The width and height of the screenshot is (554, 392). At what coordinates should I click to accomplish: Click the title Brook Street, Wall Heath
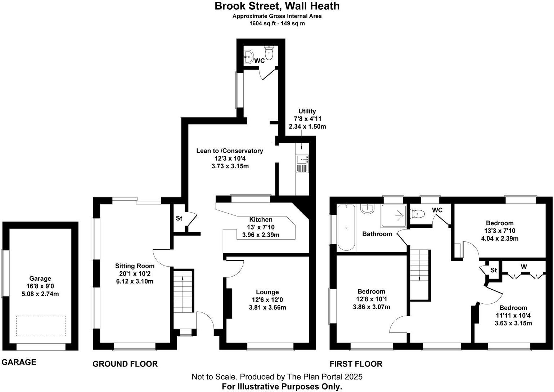coord(277,6)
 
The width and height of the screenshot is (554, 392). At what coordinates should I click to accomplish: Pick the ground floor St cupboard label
coord(179,218)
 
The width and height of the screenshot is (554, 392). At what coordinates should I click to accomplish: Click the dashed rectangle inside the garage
coord(41,326)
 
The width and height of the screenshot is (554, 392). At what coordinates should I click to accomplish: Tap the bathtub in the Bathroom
coord(346,228)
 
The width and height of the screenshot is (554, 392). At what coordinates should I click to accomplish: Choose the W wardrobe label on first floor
coord(524,267)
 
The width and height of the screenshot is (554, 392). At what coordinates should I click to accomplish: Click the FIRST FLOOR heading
coord(356,364)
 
